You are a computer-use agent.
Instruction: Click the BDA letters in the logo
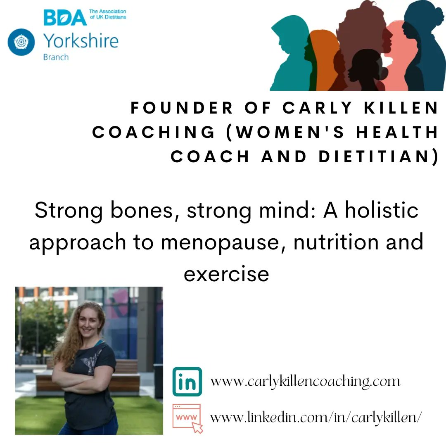point(65,17)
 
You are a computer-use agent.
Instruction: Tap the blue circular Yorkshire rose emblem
point(21,42)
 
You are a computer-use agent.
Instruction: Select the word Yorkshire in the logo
point(81,41)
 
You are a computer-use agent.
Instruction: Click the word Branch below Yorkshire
point(56,57)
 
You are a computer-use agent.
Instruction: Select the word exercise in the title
point(226,273)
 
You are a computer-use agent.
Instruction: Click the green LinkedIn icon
point(187,382)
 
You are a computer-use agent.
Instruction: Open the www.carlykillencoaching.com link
point(305,381)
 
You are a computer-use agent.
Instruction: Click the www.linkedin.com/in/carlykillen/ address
point(316,417)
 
